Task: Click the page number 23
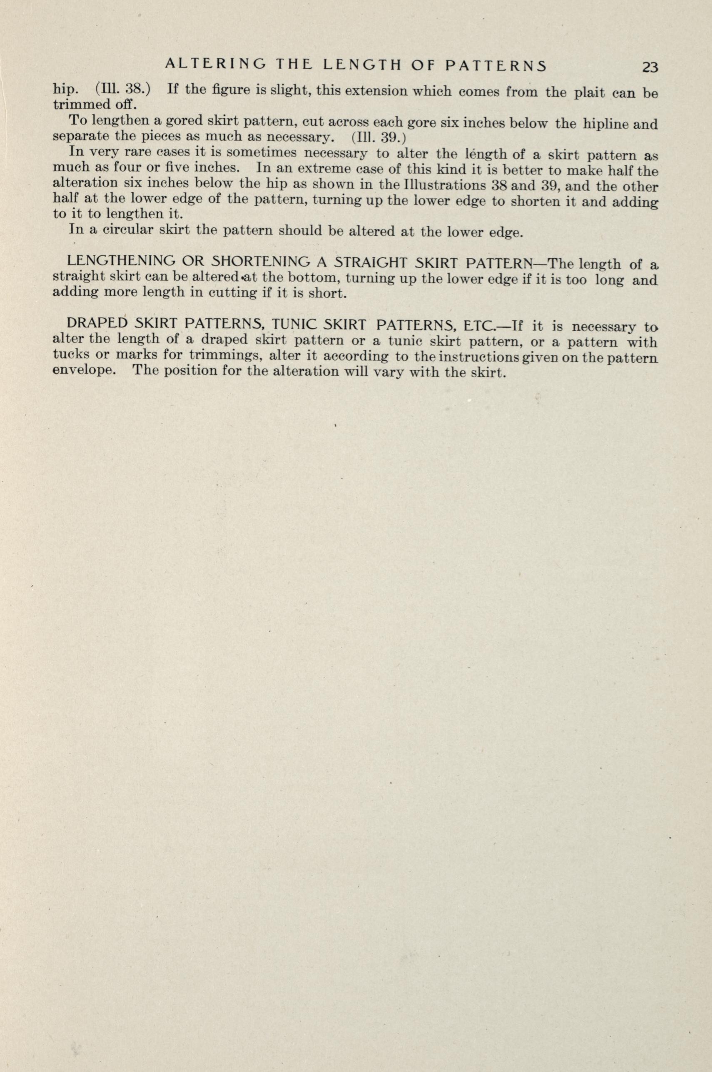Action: click(x=650, y=67)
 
